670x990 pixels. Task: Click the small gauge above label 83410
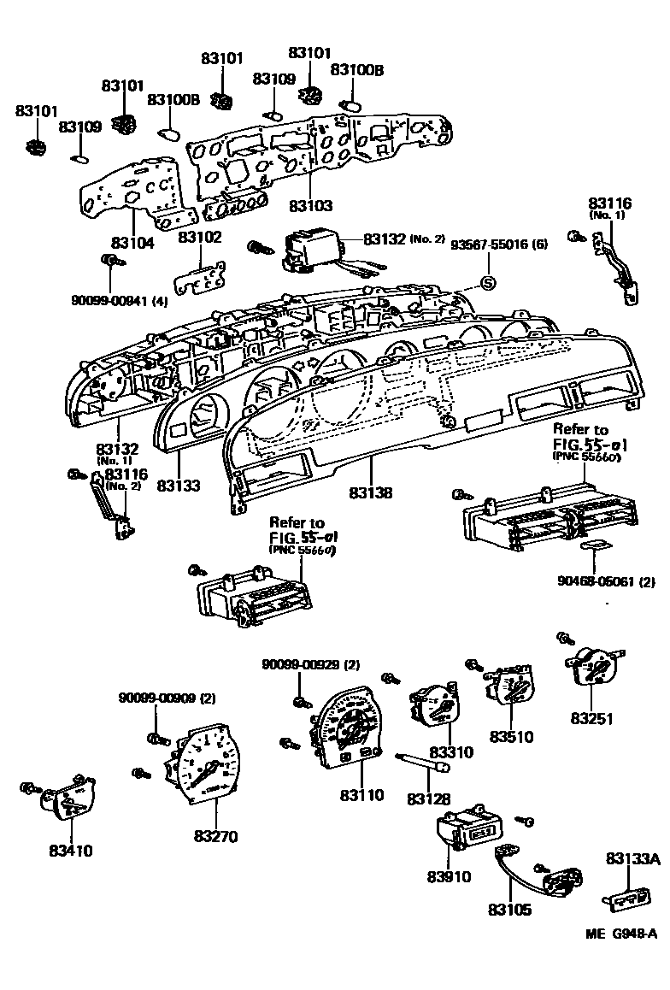[68, 800]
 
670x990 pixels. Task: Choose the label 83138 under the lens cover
[371, 493]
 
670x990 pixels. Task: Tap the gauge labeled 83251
[594, 667]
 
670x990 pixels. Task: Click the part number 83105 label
[509, 910]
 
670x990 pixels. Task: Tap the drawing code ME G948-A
[621, 934]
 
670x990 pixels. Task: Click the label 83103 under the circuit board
[309, 206]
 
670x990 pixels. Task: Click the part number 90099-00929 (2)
[298, 663]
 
